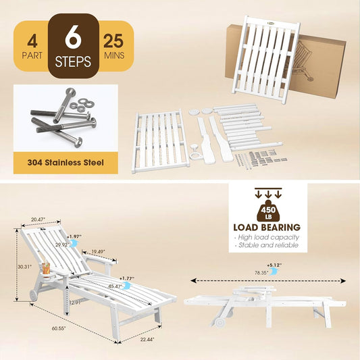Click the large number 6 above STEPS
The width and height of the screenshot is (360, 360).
[73, 36]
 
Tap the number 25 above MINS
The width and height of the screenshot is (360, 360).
[113, 41]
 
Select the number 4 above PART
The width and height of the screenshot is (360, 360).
[32, 42]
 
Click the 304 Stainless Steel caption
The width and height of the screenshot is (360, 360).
[66, 163]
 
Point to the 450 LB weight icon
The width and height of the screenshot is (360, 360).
[268, 211]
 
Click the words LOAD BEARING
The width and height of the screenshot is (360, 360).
[267, 228]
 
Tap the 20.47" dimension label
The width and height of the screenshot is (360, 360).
[38, 220]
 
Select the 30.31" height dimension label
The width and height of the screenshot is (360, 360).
[25, 267]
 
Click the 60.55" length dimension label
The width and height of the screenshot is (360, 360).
[59, 328]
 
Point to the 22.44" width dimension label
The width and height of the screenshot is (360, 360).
[147, 339]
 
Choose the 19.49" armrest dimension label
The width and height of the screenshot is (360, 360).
[98, 252]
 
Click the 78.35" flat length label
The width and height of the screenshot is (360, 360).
[261, 273]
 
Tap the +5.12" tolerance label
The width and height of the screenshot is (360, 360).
[274, 265]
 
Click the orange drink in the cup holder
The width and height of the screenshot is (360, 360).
[46, 269]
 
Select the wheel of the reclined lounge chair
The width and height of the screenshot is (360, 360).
[34, 294]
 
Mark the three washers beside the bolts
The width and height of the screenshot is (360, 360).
[82, 105]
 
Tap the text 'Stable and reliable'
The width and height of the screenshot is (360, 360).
[268, 245]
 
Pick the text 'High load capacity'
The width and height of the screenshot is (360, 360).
[268, 237]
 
